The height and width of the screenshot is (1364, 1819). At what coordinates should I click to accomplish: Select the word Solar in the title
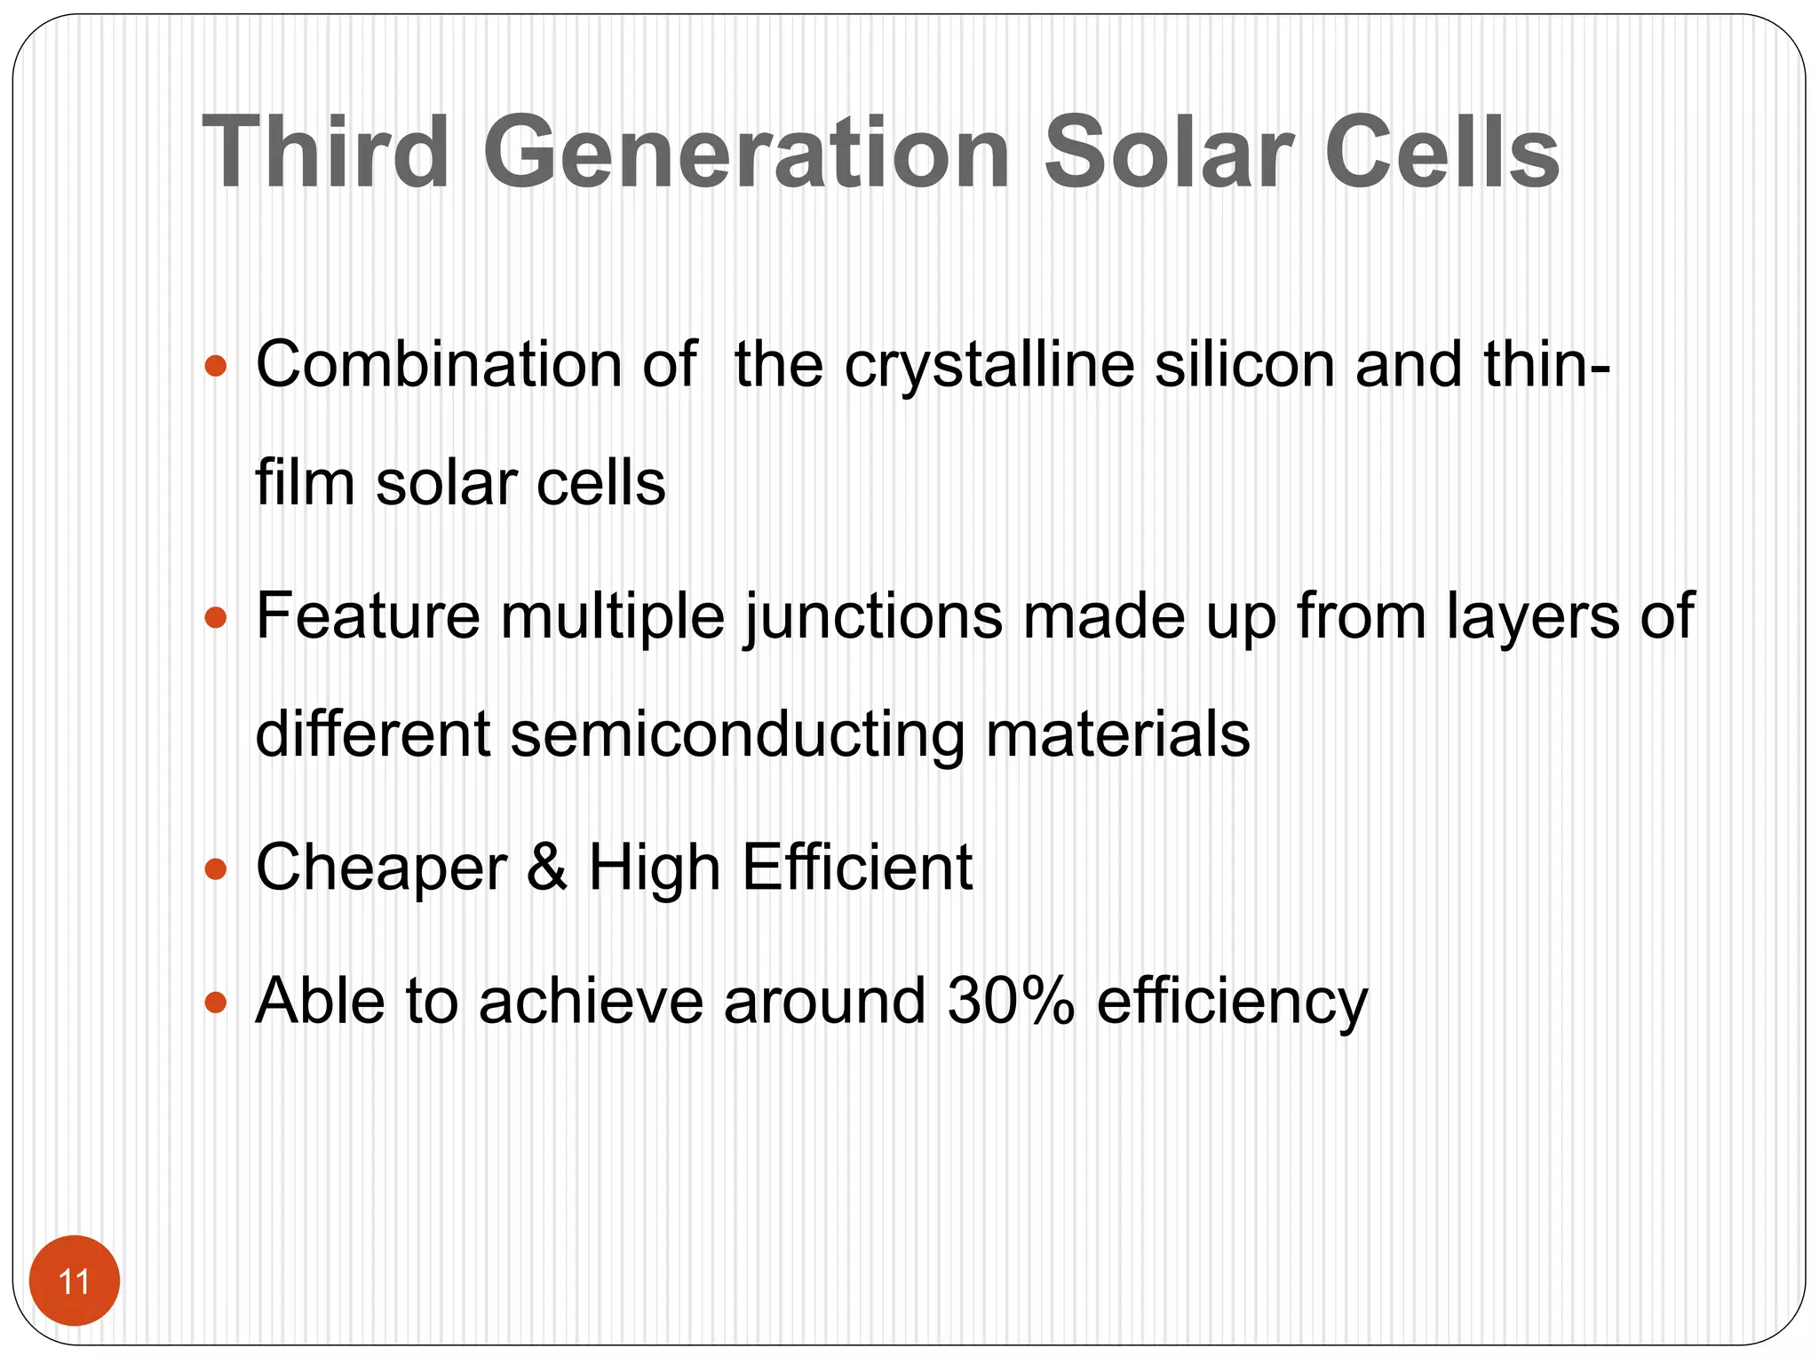[1168, 153]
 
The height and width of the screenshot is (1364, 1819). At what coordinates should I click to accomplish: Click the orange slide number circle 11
[75, 1281]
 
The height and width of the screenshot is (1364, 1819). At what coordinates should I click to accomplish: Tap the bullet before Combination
[216, 365]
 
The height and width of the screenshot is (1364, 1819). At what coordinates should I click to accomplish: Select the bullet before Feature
[216, 616]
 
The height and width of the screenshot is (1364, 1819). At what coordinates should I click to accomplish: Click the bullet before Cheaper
[216, 868]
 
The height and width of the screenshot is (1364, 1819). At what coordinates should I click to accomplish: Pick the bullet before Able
[216, 1003]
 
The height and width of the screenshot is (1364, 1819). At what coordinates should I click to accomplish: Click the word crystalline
[989, 365]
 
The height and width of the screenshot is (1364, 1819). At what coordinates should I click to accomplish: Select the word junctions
[873, 616]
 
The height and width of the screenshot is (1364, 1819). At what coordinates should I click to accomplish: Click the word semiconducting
[737, 735]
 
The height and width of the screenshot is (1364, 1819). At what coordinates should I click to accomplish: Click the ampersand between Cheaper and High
[547, 868]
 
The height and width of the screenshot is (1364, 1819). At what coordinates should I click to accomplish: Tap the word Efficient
[857, 868]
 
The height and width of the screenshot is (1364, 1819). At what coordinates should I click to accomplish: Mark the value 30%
[1011, 1001]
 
